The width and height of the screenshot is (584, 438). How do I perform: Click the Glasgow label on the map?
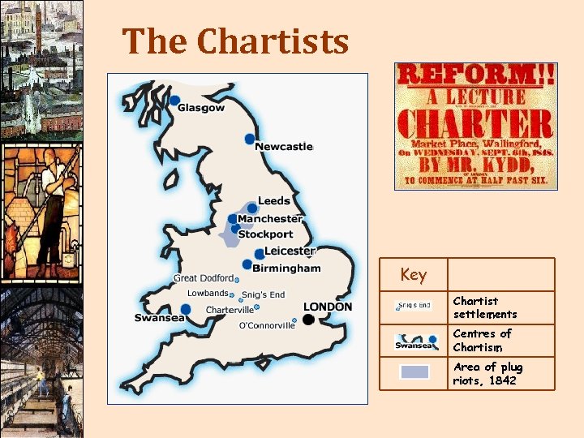(201, 109)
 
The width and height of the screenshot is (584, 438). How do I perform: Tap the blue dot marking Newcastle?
(250, 139)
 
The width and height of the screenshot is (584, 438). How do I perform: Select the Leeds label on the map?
(273, 201)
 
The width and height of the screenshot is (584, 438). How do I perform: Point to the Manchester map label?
(270, 218)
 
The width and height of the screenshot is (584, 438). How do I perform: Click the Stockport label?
(265, 234)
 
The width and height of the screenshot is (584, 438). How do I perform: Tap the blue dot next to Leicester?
(260, 255)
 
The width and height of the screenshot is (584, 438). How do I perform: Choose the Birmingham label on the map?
(286, 268)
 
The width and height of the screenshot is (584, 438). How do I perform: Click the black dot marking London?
(308, 320)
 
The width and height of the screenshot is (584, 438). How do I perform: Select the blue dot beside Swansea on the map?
(186, 309)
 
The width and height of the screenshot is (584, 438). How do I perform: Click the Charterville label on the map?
(230, 310)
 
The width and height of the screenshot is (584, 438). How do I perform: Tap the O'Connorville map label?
(267, 326)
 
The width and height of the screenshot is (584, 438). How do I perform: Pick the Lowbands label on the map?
(208, 293)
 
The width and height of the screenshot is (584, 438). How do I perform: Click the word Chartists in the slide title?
(273, 41)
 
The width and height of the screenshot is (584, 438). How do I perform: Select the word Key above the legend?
(413, 275)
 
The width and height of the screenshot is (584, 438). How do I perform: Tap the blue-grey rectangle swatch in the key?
(414, 372)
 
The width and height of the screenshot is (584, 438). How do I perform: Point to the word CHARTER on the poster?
(474, 124)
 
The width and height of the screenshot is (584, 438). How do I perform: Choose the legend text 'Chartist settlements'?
(484, 307)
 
